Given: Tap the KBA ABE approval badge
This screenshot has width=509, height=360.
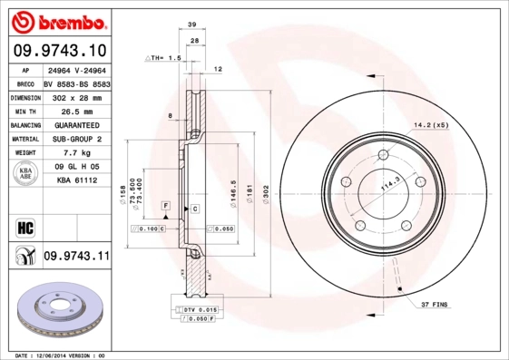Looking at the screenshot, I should (26, 174).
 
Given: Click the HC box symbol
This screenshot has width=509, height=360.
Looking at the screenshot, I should (25, 226).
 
